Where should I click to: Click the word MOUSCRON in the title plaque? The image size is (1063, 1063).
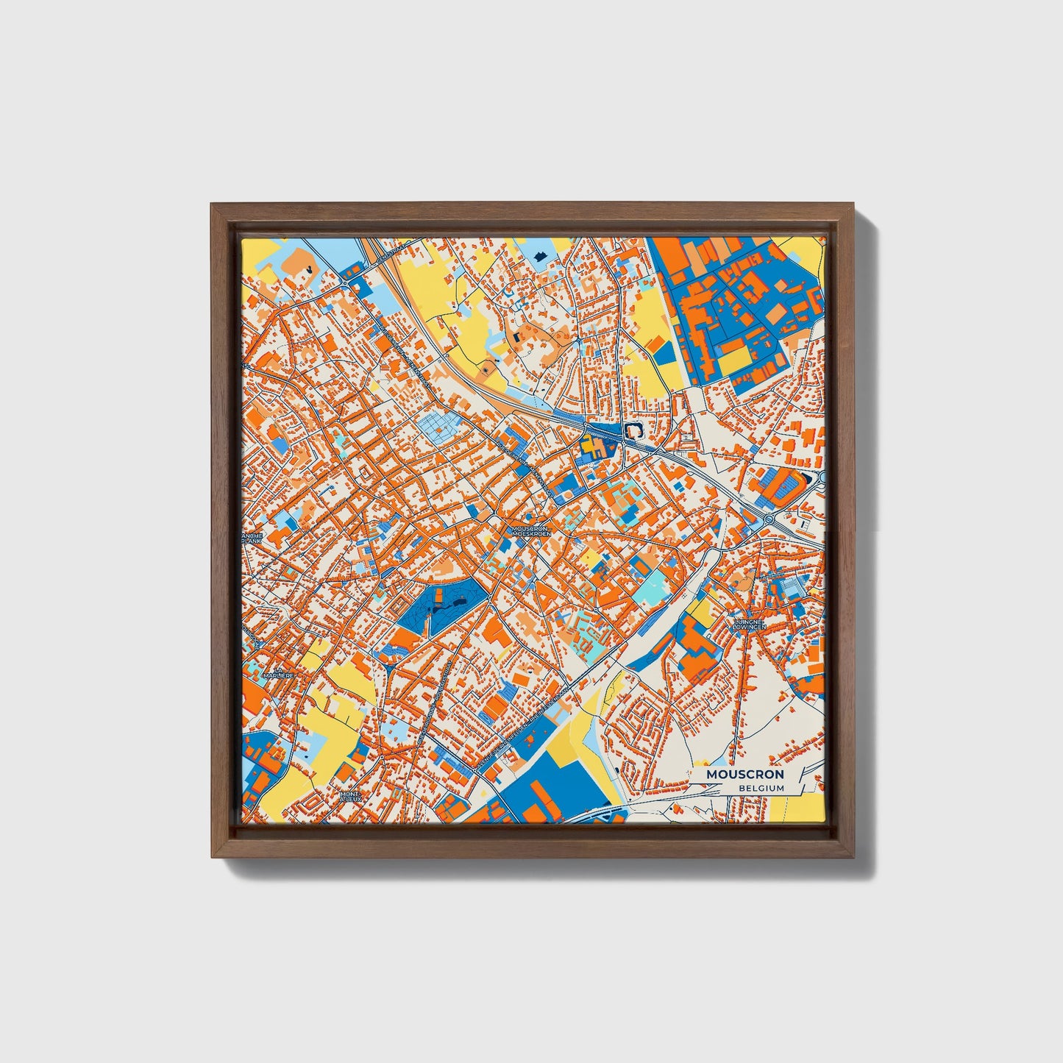tap(744, 775)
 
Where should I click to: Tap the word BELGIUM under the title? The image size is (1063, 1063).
tap(761, 788)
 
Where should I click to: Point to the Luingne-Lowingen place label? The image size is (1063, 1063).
tap(750, 624)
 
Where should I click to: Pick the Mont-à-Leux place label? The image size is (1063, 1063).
tap(351, 797)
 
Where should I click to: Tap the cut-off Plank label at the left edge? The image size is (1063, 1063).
tap(250, 538)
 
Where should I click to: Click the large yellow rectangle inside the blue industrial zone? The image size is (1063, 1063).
tap(735, 361)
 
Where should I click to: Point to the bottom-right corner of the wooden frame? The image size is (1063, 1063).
tap(854, 857)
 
